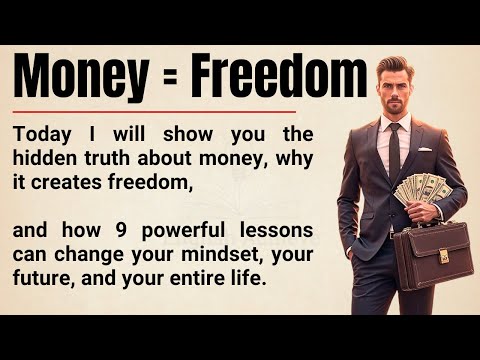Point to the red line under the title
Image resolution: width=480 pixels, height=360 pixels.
(x=155, y=111)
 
